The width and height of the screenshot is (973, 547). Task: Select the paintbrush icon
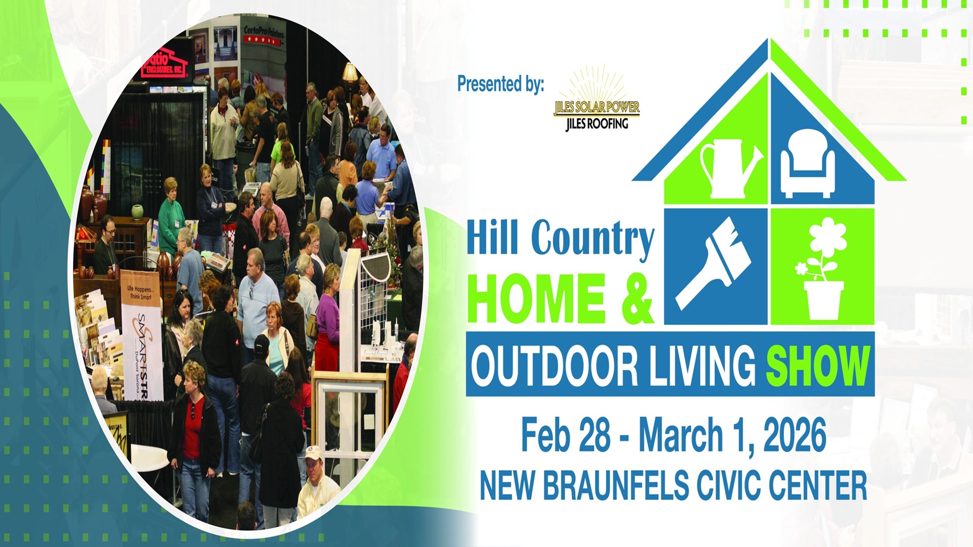pos(715,263)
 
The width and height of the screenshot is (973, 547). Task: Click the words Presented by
pos(500,84)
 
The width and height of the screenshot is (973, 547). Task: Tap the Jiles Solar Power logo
pos(596,101)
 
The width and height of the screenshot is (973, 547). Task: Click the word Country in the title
pos(592,238)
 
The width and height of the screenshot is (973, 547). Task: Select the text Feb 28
pos(565,435)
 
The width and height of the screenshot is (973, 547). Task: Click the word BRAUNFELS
pos(616,485)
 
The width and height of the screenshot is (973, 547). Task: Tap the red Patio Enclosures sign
pos(165,65)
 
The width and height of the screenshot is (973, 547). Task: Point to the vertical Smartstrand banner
pos(141,334)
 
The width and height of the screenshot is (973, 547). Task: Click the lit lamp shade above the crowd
pos(350,72)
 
